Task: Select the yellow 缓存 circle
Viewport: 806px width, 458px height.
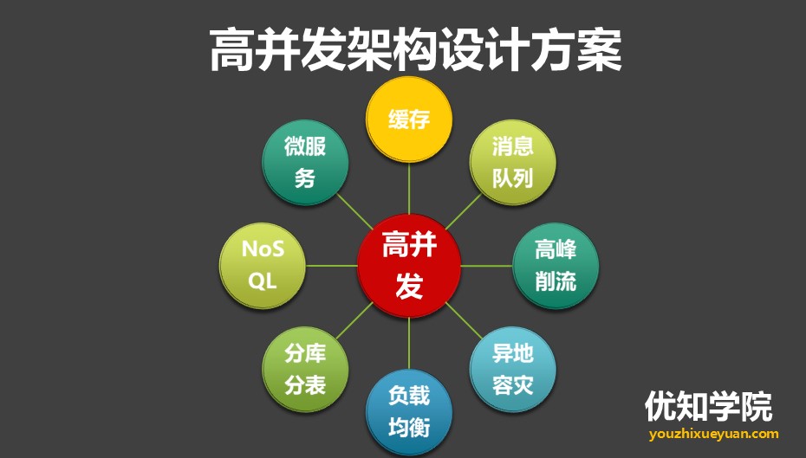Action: click(409, 119)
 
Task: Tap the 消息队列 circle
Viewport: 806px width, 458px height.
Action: click(512, 162)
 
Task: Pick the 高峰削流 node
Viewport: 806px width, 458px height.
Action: click(556, 266)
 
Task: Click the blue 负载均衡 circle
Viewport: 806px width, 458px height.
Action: click(409, 412)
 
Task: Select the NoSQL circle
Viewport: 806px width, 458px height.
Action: click(263, 266)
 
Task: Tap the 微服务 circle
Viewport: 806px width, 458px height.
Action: click(305, 162)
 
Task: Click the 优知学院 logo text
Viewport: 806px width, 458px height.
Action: click(708, 405)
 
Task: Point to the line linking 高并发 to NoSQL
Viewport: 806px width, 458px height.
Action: click(332, 266)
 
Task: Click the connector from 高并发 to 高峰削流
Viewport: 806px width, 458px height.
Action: click(486, 266)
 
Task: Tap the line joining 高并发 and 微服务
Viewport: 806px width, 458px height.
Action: click(354, 211)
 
